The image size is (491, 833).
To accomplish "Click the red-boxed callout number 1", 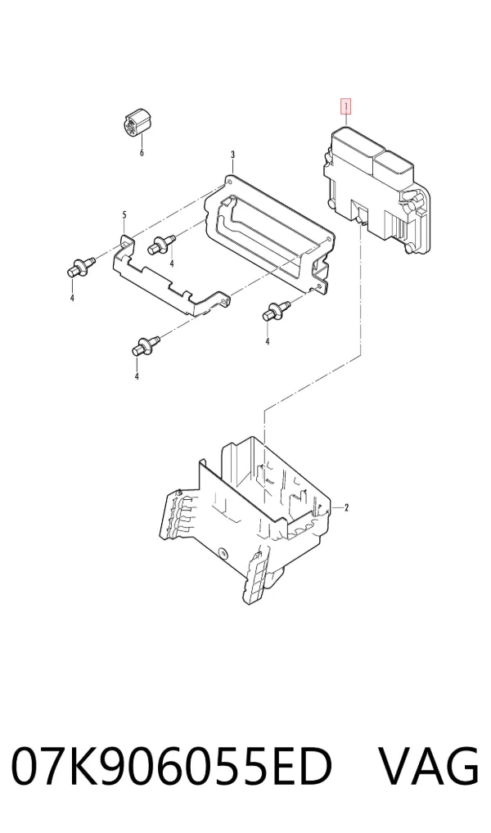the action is pyautogui.click(x=346, y=107).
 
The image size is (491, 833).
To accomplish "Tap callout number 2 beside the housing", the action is pyautogui.click(x=346, y=508).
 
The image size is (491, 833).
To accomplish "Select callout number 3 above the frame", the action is pyautogui.click(x=232, y=155).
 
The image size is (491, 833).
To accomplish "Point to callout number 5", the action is pyautogui.click(x=124, y=214).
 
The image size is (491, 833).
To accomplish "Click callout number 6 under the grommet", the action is pyautogui.click(x=142, y=153).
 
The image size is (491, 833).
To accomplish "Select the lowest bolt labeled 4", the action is pyautogui.click(x=145, y=345).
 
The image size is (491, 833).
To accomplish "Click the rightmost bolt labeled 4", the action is pyautogui.click(x=277, y=310).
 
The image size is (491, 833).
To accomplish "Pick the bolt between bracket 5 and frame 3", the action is pyautogui.click(x=163, y=244).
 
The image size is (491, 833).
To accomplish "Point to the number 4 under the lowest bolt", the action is pyautogui.click(x=137, y=376).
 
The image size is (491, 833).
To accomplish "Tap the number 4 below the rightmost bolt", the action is pyautogui.click(x=268, y=341).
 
